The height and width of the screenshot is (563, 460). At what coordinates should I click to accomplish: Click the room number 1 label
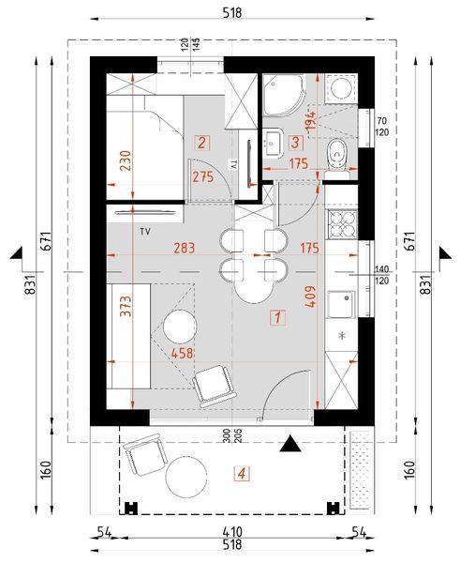coord(276,316)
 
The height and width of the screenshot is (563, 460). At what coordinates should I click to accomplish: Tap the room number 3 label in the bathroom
coord(295,144)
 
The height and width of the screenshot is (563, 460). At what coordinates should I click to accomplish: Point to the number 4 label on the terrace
coord(243,474)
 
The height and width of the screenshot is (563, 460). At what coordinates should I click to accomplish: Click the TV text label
coord(145,230)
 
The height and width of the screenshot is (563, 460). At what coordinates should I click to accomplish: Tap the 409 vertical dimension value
coord(310,303)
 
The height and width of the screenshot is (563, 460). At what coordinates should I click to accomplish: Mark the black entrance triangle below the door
coord(292,443)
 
